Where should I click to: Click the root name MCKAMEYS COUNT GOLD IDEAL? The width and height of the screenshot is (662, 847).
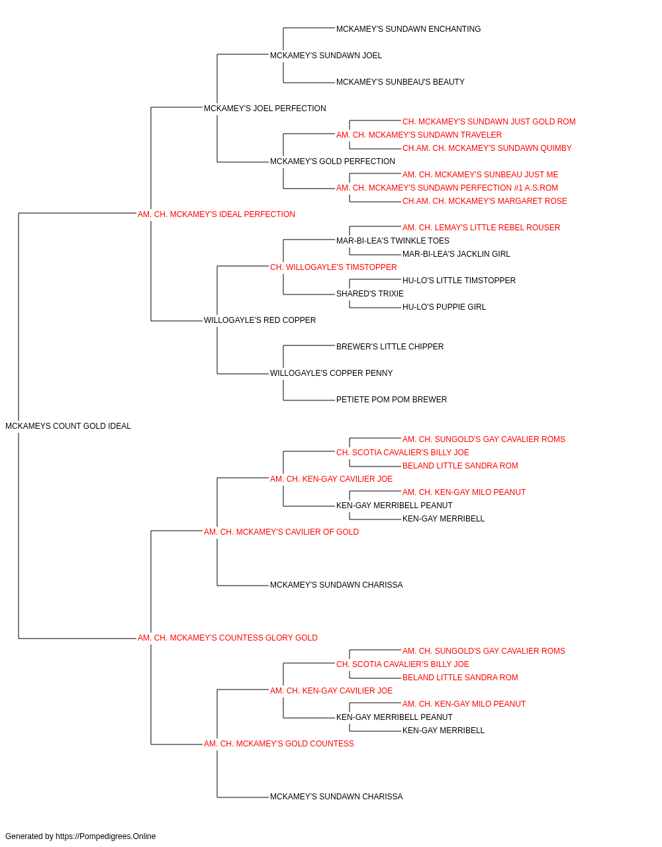pyautogui.click(x=68, y=426)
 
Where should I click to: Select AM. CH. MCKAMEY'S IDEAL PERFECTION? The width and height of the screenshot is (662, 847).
pyautogui.click(x=216, y=214)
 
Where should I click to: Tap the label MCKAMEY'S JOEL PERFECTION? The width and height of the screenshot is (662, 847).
pyautogui.click(x=265, y=109)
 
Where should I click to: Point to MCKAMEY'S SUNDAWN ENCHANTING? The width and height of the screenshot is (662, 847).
pyautogui.click(x=408, y=29)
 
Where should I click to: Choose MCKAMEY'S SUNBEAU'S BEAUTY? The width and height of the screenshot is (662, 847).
pyautogui.click(x=400, y=82)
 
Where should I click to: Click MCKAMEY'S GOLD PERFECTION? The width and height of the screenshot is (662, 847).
pyautogui.click(x=332, y=161)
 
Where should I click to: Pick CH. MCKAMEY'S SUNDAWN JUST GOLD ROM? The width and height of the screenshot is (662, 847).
pyautogui.click(x=489, y=122)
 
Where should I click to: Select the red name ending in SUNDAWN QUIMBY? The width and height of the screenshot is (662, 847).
pyautogui.click(x=487, y=148)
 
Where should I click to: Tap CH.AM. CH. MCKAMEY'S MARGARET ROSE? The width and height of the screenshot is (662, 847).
pyautogui.click(x=485, y=201)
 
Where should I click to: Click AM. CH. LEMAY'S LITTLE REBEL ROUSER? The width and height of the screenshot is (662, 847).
pyautogui.click(x=481, y=228)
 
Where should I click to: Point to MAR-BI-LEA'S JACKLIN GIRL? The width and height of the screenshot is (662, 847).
pyautogui.click(x=456, y=254)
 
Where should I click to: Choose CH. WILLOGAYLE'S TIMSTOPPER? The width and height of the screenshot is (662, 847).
pyautogui.click(x=334, y=267)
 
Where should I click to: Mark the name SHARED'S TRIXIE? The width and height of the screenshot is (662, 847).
pyautogui.click(x=369, y=294)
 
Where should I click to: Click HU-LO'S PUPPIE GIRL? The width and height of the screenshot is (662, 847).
pyautogui.click(x=444, y=307)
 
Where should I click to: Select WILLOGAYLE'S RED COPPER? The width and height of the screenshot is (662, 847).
pyautogui.click(x=260, y=320)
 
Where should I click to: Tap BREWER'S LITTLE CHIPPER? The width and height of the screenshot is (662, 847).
pyautogui.click(x=390, y=347)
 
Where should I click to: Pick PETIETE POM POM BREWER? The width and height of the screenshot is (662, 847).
pyautogui.click(x=391, y=400)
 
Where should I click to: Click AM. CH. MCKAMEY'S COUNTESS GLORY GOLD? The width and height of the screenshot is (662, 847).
pyautogui.click(x=227, y=638)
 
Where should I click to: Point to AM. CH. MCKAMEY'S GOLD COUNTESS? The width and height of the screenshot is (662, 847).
pyautogui.click(x=279, y=744)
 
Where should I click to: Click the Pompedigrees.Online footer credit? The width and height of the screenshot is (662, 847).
pyautogui.click(x=80, y=836)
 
